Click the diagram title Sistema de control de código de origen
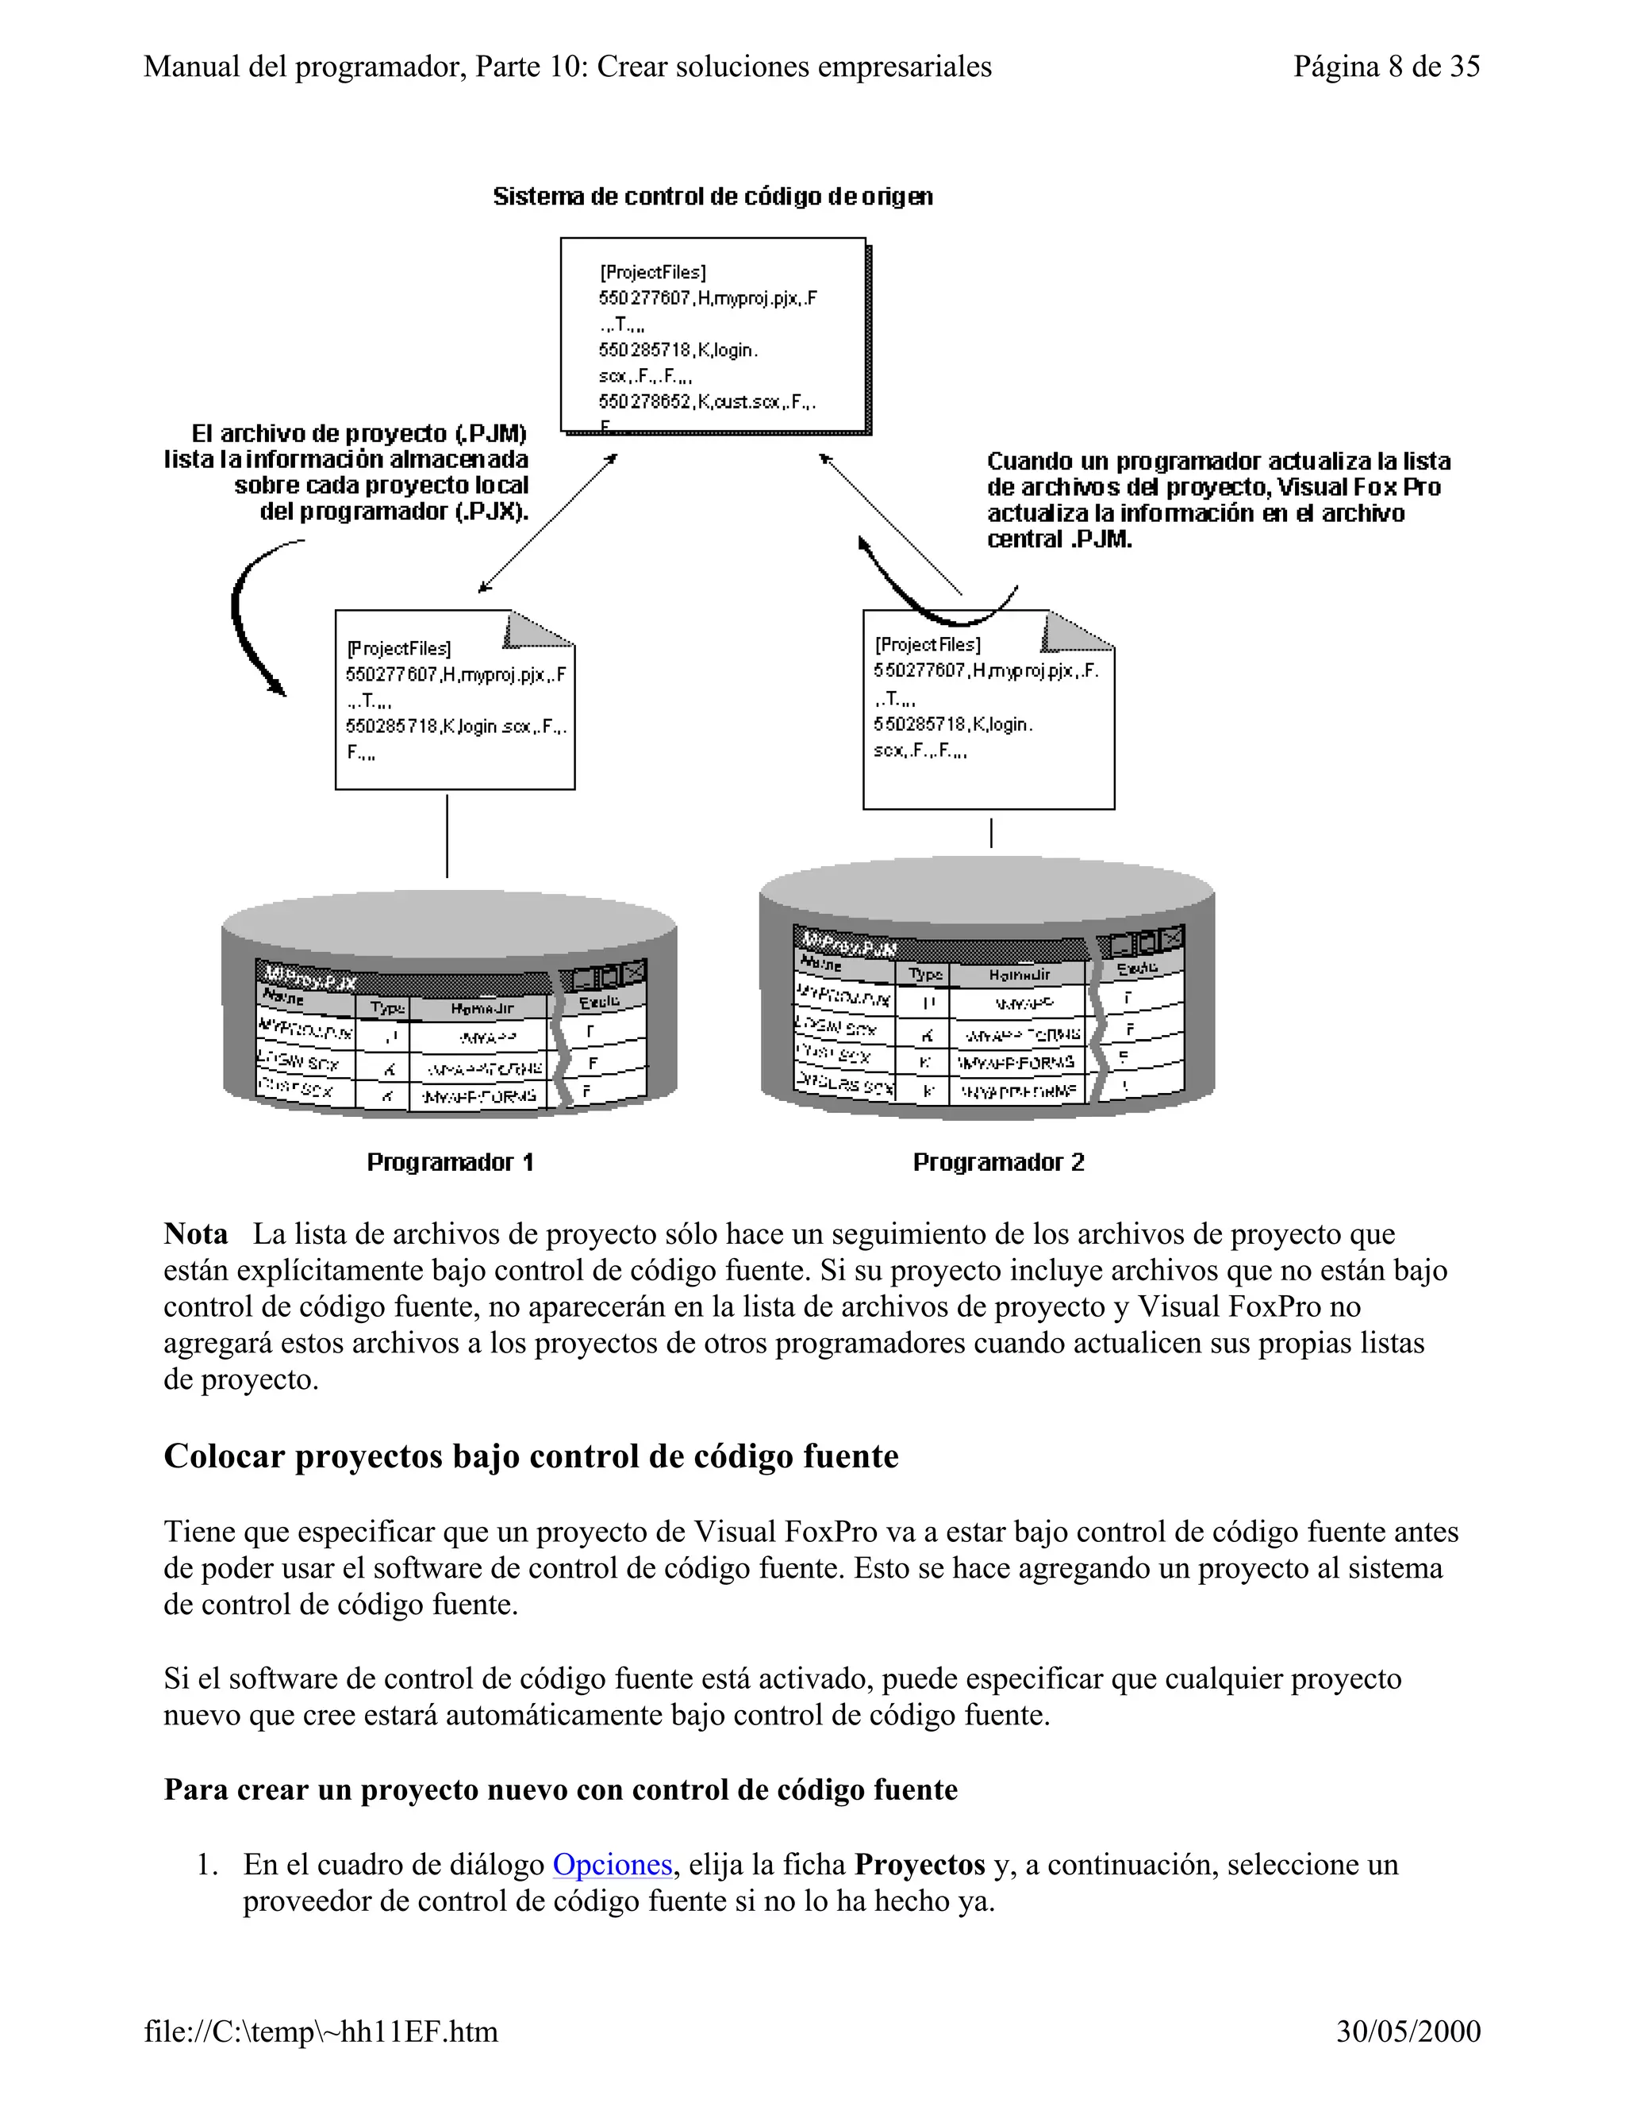(x=713, y=197)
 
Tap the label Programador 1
(x=450, y=1163)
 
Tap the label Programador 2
(x=998, y=1163)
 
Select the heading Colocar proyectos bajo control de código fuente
(x=531, y=1456)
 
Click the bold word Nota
(x=195, y=1234)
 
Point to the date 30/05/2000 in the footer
(x=1408, y=2031)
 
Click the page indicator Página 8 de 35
(x=1385, y=67)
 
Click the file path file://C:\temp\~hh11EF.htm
(x=321, y=2031)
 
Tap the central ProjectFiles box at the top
(x=713, y=335)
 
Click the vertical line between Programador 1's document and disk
(x=447, y=834)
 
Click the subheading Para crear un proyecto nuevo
(x=560, y=1789)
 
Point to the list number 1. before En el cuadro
(x=206, y=1866)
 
